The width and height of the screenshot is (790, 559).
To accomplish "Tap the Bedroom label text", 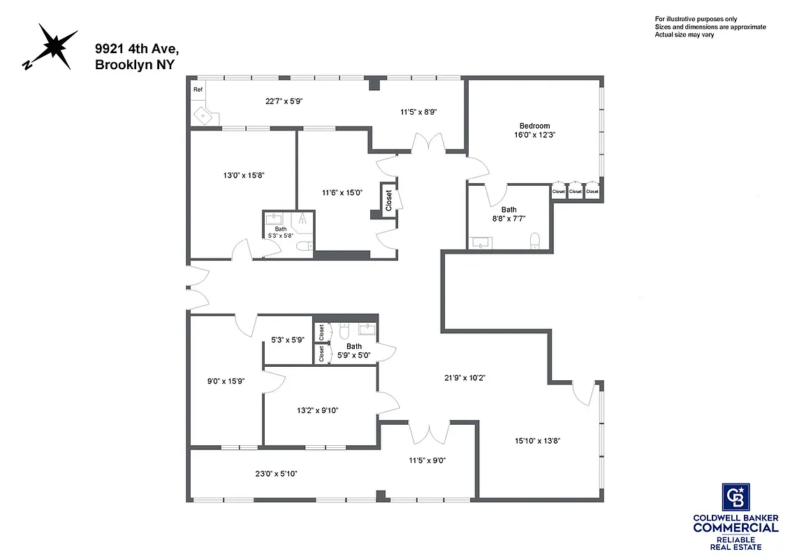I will (534, 126).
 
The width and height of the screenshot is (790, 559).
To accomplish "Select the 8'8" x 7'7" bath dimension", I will (509, 219).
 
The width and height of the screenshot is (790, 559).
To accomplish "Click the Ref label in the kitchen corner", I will (198, 89).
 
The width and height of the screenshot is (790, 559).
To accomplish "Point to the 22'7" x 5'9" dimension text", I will (284, 101).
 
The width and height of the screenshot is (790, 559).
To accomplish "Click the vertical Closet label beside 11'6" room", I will (388, 201).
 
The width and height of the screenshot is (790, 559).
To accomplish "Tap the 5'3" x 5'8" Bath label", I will (280, 232).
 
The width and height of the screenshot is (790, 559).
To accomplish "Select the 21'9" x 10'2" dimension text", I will (465, 378).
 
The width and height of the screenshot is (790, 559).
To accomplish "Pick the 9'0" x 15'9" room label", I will (226, 382).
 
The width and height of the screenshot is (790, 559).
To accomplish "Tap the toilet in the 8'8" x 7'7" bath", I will (536, 242).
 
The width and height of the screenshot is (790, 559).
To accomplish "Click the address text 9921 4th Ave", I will (137, 49).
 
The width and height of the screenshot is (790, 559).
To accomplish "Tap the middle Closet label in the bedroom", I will (575, 191).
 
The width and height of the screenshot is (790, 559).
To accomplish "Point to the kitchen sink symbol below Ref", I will (203, 115).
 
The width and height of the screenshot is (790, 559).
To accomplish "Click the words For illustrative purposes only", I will (695, 19).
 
